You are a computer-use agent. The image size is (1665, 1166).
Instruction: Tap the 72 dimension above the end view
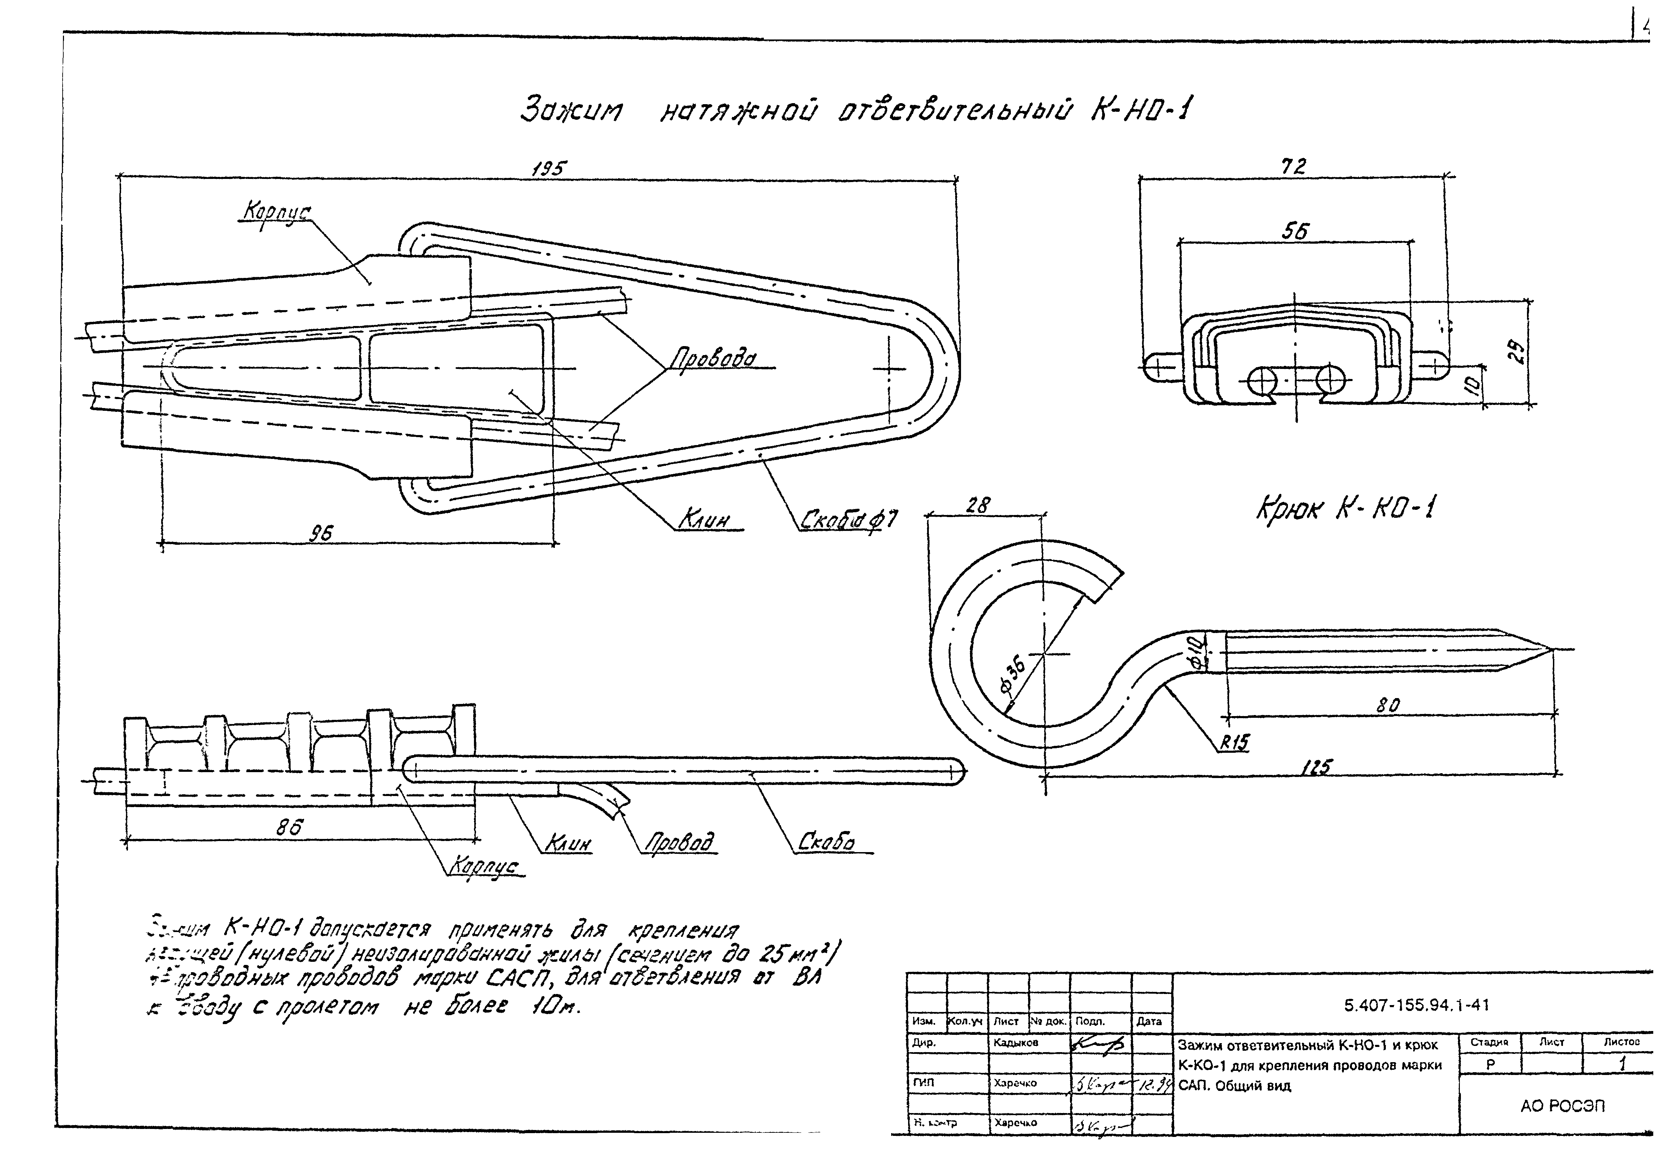(x=1293, y=167)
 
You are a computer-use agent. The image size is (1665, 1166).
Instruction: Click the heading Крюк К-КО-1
(x=1345, y=509)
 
